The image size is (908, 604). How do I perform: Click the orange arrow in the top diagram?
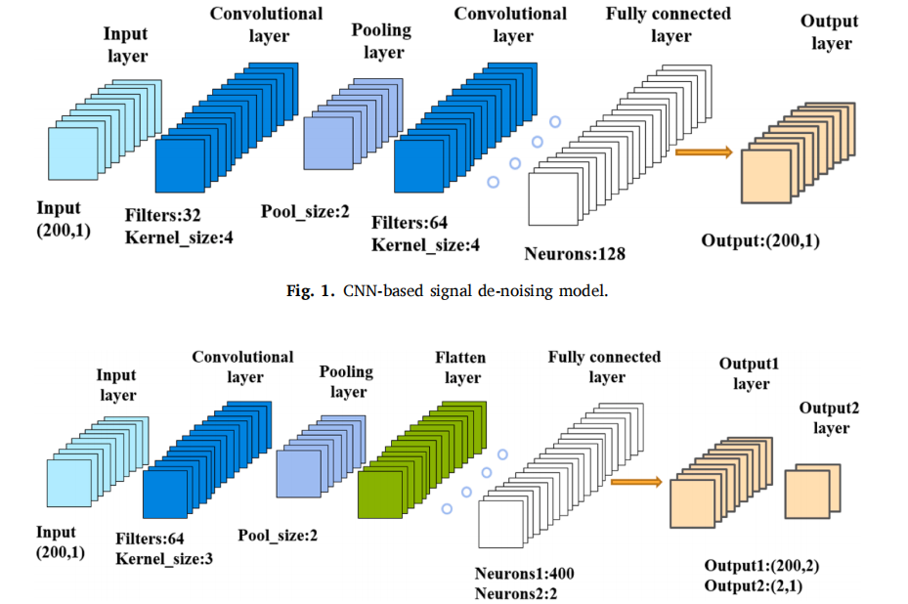(704, 151)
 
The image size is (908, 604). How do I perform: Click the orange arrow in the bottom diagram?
(635, 481)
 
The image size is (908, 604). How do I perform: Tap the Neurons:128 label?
(575, 255)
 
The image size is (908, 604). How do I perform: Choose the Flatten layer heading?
(460, 367)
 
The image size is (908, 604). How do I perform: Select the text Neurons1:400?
(523, 572)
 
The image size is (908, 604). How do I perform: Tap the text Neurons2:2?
(517, 592)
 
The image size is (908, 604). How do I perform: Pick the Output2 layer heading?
(830, 417)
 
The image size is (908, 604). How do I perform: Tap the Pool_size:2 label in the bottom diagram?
(278, 535)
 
